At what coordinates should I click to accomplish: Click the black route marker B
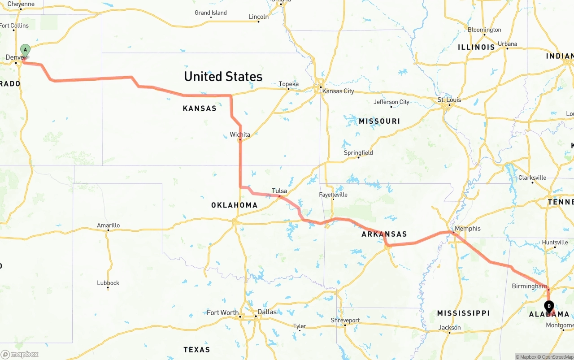(x=549, y=306)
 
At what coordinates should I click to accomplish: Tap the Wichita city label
(x=240, y=134)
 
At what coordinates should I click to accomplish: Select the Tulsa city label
(x=279, y=191)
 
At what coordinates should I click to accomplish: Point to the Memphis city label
(x=467, y=229)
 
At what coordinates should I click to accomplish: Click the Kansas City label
(x=338, y=91)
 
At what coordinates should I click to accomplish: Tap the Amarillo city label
(x=108, y=226)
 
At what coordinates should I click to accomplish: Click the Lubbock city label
(x=108, y=283)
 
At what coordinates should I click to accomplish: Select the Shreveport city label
(x=345, y=321)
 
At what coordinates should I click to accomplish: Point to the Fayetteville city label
(x=333, y=195)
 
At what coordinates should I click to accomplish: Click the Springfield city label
(x=358, y=153)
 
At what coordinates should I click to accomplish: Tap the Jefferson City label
(x=391, y=102)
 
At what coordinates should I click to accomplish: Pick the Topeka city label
(x=288, y=84)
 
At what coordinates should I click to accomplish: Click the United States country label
(x=223, y=76)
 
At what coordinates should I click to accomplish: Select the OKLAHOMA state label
(x=235, y=205)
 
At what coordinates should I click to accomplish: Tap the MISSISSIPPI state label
(x=463, y=313)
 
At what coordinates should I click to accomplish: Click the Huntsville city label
(x=555, y=243)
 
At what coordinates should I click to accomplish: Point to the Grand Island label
(x=211, y=13)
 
